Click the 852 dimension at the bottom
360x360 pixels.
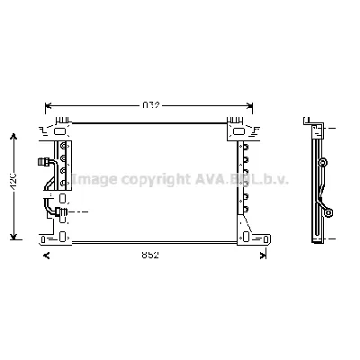(150, 256)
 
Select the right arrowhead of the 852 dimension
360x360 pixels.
(262, 255)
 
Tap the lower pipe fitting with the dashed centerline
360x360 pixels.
(58, 212)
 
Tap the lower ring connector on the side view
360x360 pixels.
(330, 214)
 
